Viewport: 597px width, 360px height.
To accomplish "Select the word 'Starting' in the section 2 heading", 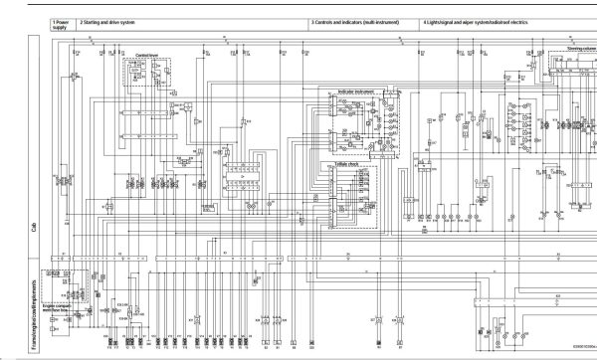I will point(95,20).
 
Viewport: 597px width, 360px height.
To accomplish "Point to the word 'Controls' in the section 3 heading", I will point(325,20).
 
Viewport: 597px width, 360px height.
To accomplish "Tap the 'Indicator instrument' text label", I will point(356,90).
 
